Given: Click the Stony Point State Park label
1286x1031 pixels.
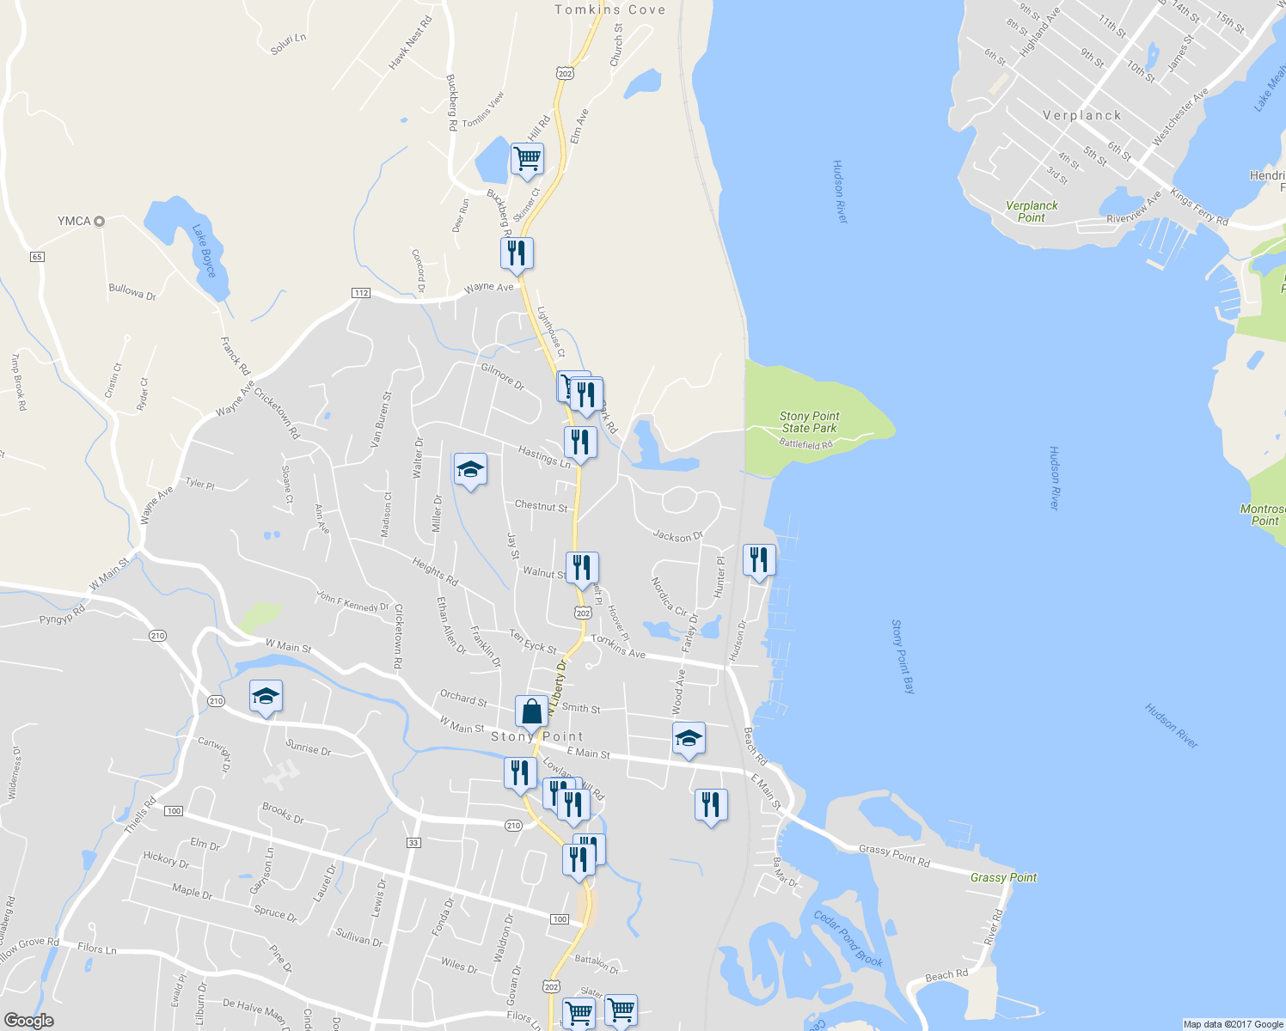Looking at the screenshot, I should click(x=809, y=422).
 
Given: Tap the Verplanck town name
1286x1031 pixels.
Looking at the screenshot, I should click(x=1081, y=115).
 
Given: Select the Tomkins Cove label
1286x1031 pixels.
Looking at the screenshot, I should click(x=609, y=9).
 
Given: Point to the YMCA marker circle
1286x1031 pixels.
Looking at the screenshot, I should click(x=99, y=221).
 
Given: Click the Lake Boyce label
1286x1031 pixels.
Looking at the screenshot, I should click(x=204, y=250).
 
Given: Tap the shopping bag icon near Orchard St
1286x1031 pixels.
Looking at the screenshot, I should click(x=531, y=712).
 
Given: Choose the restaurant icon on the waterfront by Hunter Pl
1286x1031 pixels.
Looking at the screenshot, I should click(x=758, y=560).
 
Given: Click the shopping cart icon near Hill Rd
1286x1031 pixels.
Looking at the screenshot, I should click(x=527, y=159).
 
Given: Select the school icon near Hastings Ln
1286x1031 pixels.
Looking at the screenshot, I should click(x=470, y=470).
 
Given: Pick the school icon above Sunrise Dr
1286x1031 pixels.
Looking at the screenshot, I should click(x=266, y=696).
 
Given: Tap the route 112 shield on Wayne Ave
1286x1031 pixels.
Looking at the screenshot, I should click(x=361, y=293).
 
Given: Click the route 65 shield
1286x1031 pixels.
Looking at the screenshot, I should click(x=37, y=257).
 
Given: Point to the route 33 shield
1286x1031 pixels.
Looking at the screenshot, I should click(x=413, y=843).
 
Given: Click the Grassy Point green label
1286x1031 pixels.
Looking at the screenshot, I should click(x=1003, y=877).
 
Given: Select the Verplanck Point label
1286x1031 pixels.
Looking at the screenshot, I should click(x=1032, y=211).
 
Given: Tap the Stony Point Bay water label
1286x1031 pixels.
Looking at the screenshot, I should click(x=903, y=656).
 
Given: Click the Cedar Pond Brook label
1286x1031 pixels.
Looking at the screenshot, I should click(x=848, y=938).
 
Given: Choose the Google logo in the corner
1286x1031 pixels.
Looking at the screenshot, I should click(x=28, y=1021).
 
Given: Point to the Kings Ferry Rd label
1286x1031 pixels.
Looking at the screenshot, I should click(x=1199, y=208).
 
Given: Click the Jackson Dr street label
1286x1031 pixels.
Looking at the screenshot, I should click(x=677, y=536).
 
